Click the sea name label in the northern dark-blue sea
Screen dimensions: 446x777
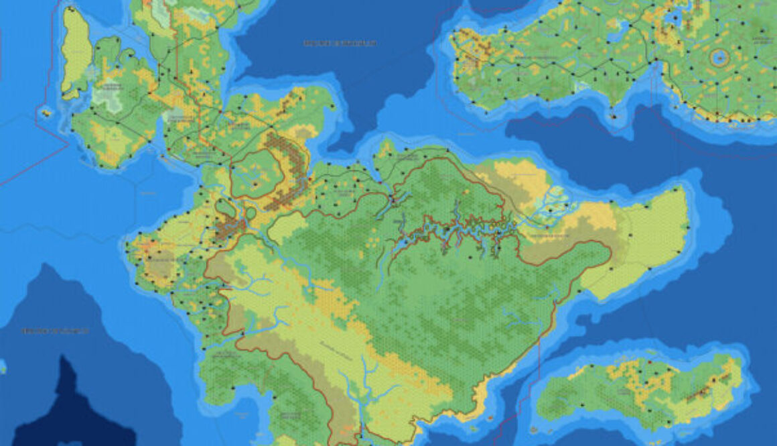coord(340,43)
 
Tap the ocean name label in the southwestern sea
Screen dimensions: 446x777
coord(55,331)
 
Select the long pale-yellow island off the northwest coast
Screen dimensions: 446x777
coord(76,52)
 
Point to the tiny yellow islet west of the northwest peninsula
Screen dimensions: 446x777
coord(46,113)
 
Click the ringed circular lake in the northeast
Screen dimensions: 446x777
coord(719,58)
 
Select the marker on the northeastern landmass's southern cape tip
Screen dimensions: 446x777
coord(614,117)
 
